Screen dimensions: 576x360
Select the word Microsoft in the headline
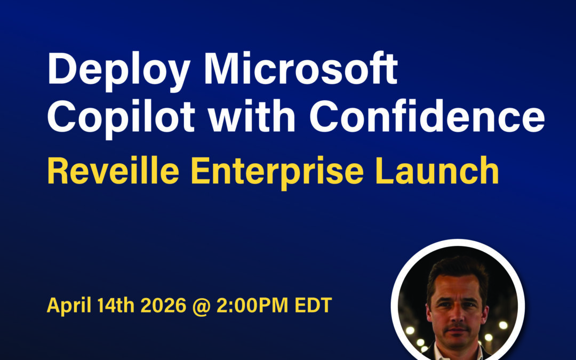point(301,68)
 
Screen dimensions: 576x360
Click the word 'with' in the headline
point(252,115)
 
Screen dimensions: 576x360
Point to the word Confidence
point(427,115)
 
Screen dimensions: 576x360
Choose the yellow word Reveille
point(113,171)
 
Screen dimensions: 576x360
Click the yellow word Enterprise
point(277,172)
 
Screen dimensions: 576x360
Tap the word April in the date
point(69,306)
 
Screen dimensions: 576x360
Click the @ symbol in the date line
point(201,306)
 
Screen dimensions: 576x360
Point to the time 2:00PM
point(252,305)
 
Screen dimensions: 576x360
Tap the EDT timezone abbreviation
point(314,305)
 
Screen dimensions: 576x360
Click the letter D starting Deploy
point(61,68)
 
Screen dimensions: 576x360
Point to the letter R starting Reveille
point(58,171)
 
